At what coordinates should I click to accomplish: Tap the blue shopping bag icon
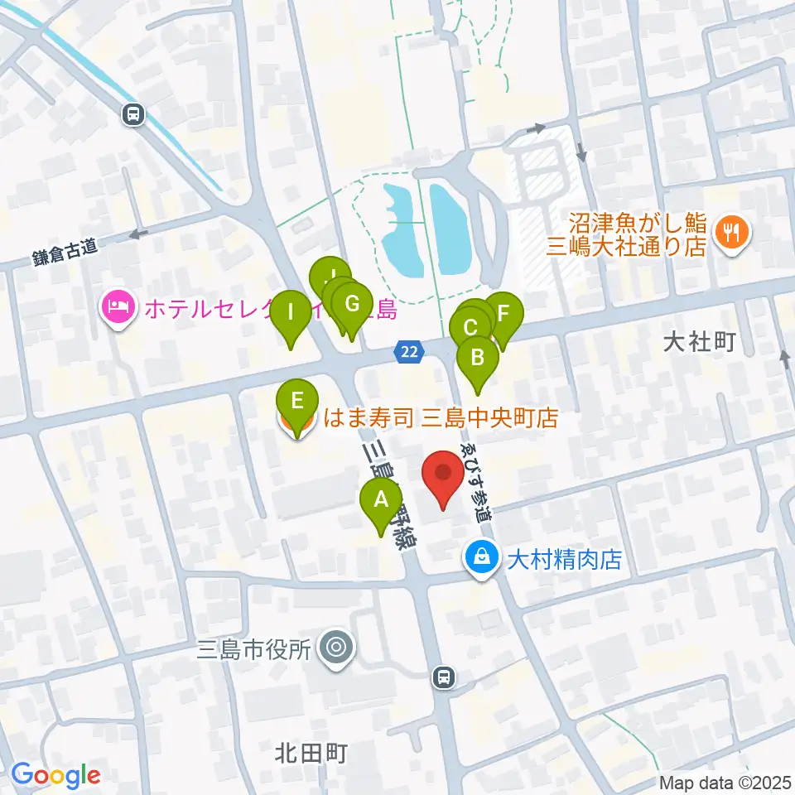click(481, 560)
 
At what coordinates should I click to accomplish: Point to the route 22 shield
click(407, 351)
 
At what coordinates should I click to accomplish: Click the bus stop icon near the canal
click(132, 116)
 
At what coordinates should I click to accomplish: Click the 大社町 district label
click(701, 343)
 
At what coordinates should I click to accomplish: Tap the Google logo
click(55, 775)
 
